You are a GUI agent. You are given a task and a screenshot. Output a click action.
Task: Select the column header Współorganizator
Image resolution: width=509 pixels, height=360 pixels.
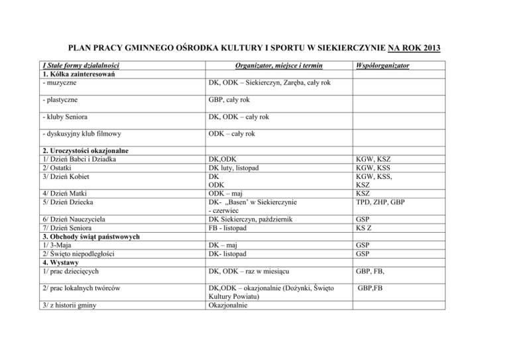click(384, 66)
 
